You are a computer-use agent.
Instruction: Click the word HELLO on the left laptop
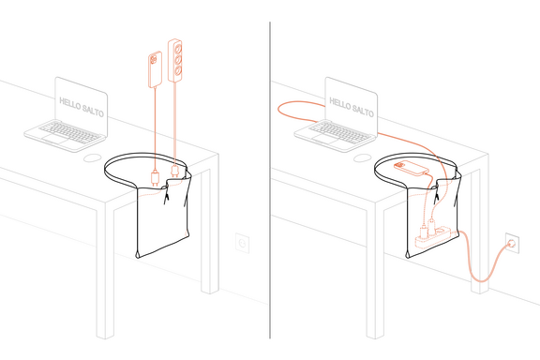click(x=69, y=99)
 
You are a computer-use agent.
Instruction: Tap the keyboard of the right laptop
click(x=332, y=130)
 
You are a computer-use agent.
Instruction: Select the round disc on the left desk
click(x=92, y=158)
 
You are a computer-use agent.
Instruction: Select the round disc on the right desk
click(x=362, y=158)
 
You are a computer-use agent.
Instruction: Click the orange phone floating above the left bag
click(x=154, y=68)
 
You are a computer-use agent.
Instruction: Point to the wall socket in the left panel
click(x=243, y=244)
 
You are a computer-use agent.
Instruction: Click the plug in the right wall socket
click(x=512, y=243)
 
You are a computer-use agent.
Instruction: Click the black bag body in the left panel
click(x=164, y=225)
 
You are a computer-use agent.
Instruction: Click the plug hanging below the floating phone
click(x=155, y=175)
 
